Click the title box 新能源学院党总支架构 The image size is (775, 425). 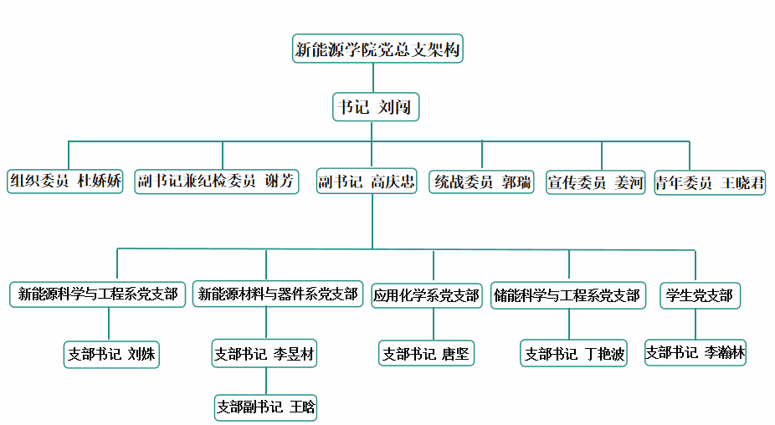click(x=377, y=49)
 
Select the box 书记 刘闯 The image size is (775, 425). click(x=375, y=107)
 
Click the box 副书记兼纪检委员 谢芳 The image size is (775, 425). click(x=216, y=181)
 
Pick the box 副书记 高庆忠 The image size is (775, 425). click(x=367, y=182)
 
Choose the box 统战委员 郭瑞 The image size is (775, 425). click(x=483, y=182)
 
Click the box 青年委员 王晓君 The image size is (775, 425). click(x=710, y=182)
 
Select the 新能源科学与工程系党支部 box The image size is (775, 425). click(x=98, y=294)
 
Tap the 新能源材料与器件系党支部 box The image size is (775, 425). click(x=278, y=294)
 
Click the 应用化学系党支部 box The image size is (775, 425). click(x=427, y=295)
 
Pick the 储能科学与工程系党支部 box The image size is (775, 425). click(x=567, y=295)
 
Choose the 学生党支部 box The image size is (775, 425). click(x=700, y=295)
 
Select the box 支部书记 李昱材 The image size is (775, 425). click(x=265, y=354)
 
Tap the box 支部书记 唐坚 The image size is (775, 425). click(x=427, y=354)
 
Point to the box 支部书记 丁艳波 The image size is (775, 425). click(x=574, y=354)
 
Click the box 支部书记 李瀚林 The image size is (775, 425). click(x=695, y=352)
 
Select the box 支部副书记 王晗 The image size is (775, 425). click(x=266, y=407)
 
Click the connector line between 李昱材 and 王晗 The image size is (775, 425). click(x=266, y=381)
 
